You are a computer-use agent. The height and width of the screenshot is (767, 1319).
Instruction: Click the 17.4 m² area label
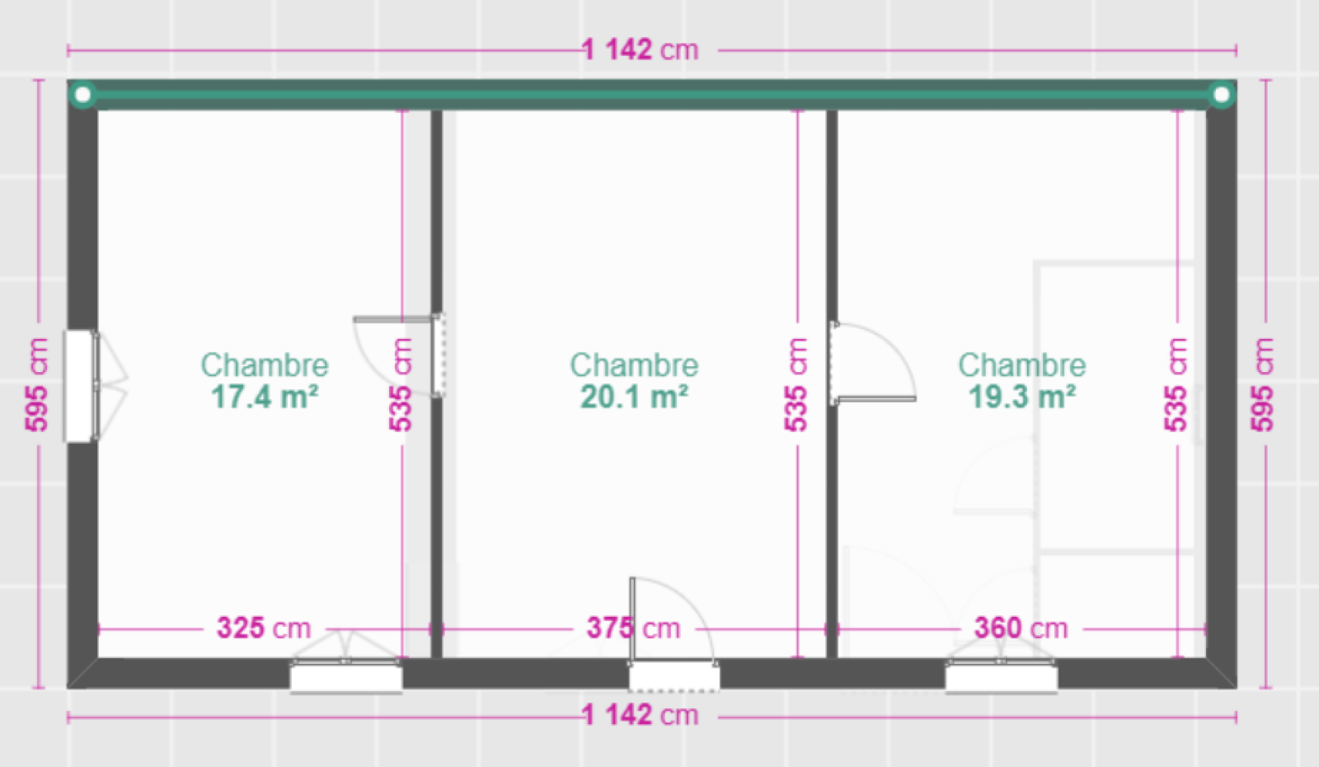[265, 397]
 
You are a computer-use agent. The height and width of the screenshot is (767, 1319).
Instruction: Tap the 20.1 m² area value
[634, 397]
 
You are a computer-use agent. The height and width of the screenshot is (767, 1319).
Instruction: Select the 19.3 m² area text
[1021, 397]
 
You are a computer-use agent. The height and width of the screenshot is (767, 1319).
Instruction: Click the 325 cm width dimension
[264, 628]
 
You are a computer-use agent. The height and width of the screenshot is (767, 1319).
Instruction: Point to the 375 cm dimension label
[633, 628]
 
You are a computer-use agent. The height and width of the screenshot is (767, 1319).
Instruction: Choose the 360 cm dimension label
[1021, 628]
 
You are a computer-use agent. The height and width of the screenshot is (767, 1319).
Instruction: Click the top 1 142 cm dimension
[641, 49]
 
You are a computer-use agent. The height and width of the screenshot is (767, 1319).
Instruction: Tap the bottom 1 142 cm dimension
[641, 714]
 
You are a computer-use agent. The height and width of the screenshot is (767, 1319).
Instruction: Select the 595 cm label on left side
[37, 384]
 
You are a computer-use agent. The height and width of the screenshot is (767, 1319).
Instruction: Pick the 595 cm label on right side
[1262, 384]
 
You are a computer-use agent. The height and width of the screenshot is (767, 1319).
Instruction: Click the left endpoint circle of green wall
[82, 95]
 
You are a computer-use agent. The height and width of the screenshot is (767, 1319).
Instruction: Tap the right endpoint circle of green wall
[1221, 95]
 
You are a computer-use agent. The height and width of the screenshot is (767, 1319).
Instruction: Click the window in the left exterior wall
[80, 386]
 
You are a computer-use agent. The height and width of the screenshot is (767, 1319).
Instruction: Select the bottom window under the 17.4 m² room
[346, 676]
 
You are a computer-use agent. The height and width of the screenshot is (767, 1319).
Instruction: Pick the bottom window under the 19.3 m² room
[1001, 676]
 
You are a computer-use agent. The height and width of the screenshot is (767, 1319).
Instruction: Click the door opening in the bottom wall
[674, 676]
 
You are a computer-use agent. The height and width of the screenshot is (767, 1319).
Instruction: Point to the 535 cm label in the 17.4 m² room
[401, 384]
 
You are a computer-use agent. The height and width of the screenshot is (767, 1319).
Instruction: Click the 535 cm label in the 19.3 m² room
[1176, 384]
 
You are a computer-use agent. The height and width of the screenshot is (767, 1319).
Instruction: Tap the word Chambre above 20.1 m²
[634, 365]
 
